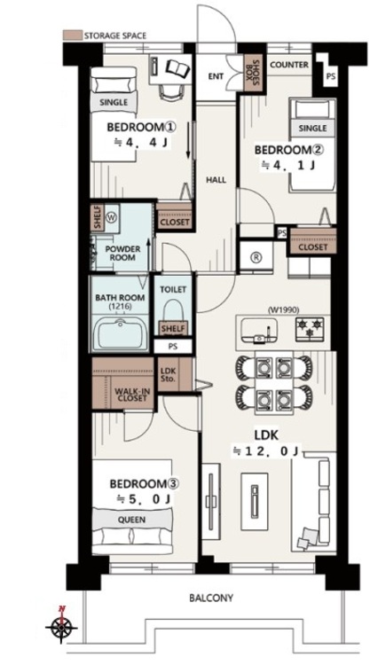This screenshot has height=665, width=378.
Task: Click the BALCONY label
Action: [211, 598]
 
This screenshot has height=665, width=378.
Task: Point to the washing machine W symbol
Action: [111, 217]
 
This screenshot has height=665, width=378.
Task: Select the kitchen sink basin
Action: [259, 331]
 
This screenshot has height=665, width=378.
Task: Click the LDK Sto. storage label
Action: [169, 374]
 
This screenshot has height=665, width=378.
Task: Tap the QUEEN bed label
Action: [132, 520]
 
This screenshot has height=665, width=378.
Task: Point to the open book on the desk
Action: [177, 66]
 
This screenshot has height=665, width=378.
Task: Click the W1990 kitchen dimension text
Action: [281, 309]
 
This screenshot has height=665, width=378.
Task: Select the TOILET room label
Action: [173, 289]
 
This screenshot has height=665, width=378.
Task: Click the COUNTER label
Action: [289, 65]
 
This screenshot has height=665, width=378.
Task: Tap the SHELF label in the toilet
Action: [173, 328]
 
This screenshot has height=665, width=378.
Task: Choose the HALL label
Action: [217, 180]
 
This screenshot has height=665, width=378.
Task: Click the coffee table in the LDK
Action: [254, 501]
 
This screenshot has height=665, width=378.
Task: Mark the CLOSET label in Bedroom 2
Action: [313, 246]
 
